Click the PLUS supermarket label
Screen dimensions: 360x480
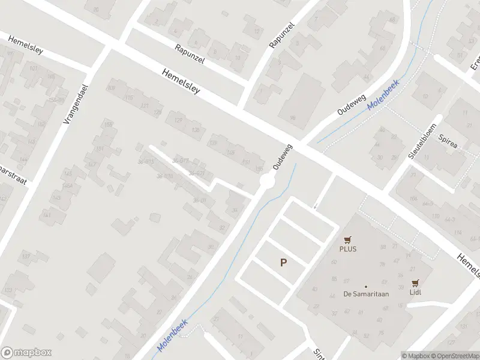pos(347,248)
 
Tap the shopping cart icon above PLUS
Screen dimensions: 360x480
pos(347,239)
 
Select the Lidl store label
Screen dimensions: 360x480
pos(415,292)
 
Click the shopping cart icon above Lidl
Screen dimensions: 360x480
pos(415,283)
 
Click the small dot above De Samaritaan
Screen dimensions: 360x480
pos(365,286)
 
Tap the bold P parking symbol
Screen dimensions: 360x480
pos(283,262)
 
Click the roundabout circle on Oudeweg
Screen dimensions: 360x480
pos(267,181)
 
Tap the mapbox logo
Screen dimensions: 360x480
pos(26,353)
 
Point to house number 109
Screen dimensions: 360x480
pos(110,88)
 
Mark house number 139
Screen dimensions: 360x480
pos(213,143)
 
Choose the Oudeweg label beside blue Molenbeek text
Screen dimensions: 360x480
pos(346,103)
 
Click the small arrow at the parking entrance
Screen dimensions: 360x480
pos(314,208)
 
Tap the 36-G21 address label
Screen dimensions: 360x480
pos(197,173)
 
